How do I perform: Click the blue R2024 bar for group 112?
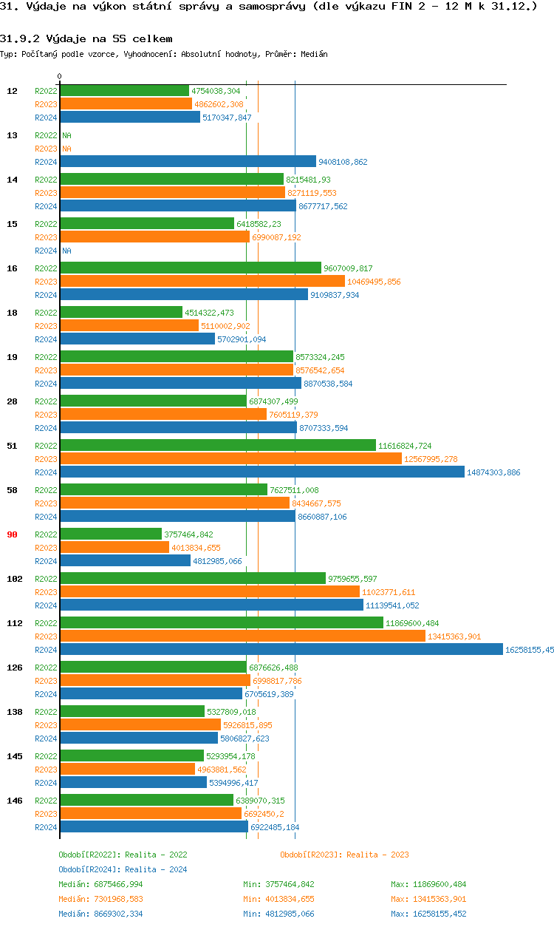[x=281, y=650]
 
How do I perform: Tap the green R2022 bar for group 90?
[x=111, y=534]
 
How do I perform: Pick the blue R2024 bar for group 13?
[x=188, y=162]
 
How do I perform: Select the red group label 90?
[x=12, y=534]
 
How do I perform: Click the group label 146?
[x=14, y=801]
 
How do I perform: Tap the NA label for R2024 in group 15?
[x=66, y=251]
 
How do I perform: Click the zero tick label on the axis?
[x=60, y=77]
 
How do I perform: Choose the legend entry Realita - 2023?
[x=344, y=855]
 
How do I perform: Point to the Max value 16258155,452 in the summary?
[x=428, y=914]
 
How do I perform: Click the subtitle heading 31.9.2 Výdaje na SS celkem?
[x=86, y=38]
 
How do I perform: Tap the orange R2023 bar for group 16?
[x=202, y=282]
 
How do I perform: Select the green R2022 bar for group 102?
[x=192, y=579]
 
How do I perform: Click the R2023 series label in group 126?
[x=46, y=681]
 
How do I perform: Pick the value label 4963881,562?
[x=222, y=770]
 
